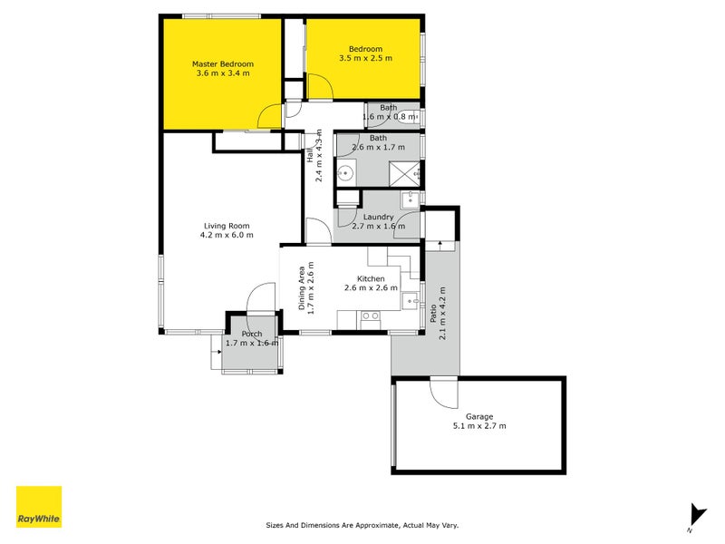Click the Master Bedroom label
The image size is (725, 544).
click(x=222, y=64)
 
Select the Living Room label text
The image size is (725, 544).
click(x=227, y=226)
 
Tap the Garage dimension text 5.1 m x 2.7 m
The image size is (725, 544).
click(x=479, y=426)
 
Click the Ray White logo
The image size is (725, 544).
click(x=39, y=507)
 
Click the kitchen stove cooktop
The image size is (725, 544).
click(x=370, y=316)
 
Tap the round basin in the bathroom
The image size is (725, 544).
click(x=345, y=173)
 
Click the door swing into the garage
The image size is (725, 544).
click(x=443, y=392)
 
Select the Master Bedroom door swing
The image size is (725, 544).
click(x=269, y=116)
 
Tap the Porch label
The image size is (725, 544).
click(x=252, y=335)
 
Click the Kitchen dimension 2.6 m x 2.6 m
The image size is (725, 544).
click(x=371, y=288)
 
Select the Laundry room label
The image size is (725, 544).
click(x=378, y=217)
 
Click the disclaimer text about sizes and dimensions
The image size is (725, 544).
click(x=362, y=525)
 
